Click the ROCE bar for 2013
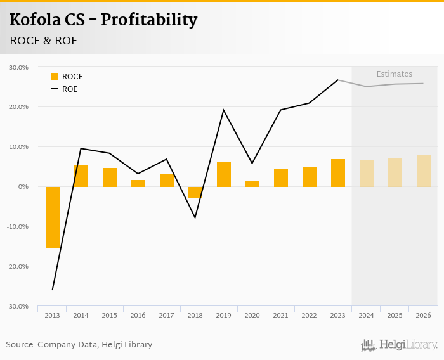[53, 217]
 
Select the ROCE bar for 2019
[224, 174]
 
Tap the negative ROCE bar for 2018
[195, 192]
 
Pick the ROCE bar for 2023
[338, 173]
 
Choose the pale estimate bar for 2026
[424, 170]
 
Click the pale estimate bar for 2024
[367, 173]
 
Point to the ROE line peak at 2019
[224, 110]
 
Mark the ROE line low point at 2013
[53, 290]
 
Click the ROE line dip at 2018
[195, 217]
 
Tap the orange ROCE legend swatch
[55, 77]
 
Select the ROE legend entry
[69, 89]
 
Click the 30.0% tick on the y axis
[18, 67]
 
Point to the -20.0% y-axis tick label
[17, 266]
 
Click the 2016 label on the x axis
[138, 316]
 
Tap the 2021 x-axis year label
[281, 316]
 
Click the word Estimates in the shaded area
[394, 74]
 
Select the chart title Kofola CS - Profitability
[103, 20]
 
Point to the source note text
[79, 345]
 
